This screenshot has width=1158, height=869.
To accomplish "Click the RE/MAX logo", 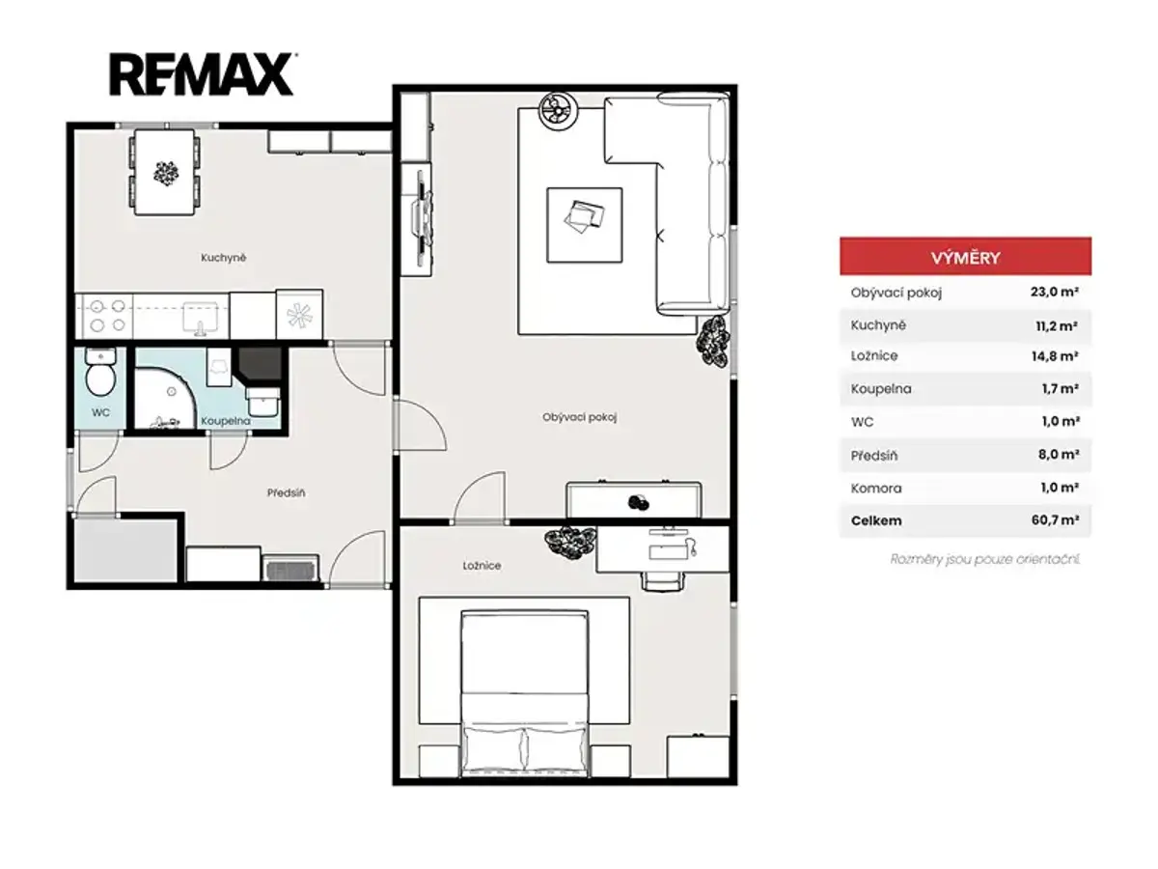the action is tap(201, 74).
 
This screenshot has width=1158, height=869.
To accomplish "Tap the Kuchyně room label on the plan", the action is tap(223, 258).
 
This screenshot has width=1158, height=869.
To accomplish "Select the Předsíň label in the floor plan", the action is tap(286, 492).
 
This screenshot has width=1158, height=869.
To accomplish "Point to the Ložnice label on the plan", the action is tap(482, 566).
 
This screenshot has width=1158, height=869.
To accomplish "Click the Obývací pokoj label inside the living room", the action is tap(579, 417).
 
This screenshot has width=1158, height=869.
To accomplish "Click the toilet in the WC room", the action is tap(100, 373).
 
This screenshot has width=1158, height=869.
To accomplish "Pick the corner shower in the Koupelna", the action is tap(165, 396).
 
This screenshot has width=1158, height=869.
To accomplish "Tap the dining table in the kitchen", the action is tap(165, 173).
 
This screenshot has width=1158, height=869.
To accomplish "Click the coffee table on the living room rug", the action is tap(584, 225).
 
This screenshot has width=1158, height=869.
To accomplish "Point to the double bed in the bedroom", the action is tap(524, 693).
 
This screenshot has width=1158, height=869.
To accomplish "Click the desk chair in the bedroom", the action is tap(663, 581).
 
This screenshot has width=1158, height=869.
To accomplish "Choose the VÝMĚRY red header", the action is tap(965, 257).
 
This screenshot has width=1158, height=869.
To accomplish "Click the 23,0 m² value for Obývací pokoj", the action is tap(1054, 292).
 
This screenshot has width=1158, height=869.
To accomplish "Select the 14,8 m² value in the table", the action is tap(1054, 356).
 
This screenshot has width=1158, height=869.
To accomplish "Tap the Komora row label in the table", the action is tap(876, 489).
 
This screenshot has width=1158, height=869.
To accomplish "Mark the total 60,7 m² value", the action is tap(1055, 520).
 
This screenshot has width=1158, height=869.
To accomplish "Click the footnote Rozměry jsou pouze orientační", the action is tap(985, 559).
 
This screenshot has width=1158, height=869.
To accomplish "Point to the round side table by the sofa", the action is tap(558, 111).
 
